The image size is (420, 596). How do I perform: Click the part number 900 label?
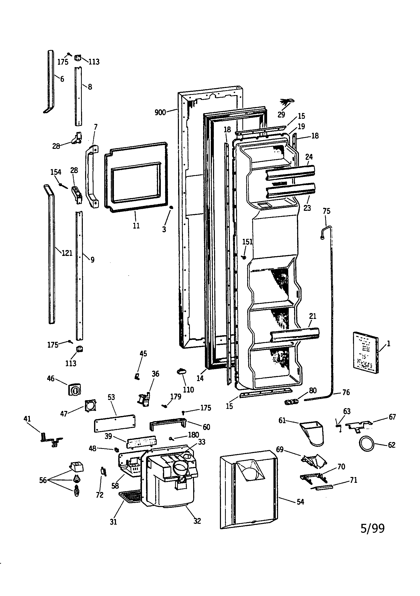pos(160,112)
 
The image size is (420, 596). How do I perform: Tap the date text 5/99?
pos(373,528)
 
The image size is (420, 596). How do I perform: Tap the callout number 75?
pos(326,211)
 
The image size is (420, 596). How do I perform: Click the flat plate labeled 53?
pos(114,423)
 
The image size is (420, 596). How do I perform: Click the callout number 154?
pos(56,172)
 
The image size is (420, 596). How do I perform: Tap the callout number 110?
pos(188,390)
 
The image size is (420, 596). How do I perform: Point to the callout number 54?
pos(300,502)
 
